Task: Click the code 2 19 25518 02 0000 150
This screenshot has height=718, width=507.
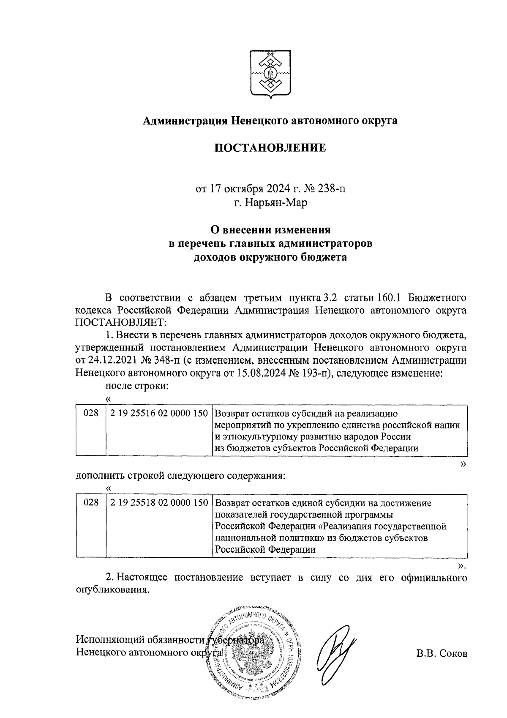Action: point(158,503)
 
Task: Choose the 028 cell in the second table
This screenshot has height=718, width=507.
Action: point(91,503)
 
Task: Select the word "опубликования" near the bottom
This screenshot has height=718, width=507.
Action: point(112,590)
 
